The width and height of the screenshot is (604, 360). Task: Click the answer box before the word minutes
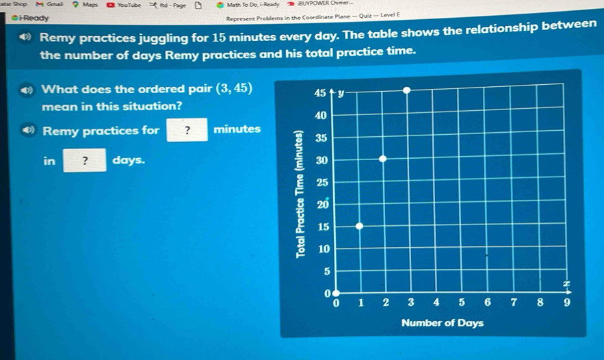tap(187, 130)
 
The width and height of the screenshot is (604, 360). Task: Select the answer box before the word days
tap(85, 160)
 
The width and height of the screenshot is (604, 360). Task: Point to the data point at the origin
tap(336, 294)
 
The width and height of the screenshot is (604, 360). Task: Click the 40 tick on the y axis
tap(321, 115)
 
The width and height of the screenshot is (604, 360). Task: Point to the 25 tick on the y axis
tap(322, 182)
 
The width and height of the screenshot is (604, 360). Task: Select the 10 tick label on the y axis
tap(324, 249)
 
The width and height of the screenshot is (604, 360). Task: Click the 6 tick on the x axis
tap(488, 303)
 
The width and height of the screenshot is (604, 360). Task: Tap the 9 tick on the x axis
tap(566, 303)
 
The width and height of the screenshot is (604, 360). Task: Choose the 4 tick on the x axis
tap(436, 303)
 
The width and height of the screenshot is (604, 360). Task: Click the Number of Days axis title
tap(442, 322)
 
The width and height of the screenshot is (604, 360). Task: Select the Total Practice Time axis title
tap(300, 194)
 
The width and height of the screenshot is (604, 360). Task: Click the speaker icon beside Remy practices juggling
tap(25, 37)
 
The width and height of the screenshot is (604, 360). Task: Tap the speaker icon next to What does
tap(27, 90)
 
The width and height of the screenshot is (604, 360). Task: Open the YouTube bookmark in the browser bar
tap(124, 5)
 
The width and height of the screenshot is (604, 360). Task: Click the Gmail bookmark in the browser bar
tap(49, 5)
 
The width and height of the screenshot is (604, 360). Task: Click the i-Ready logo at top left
tap(30, 18)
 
